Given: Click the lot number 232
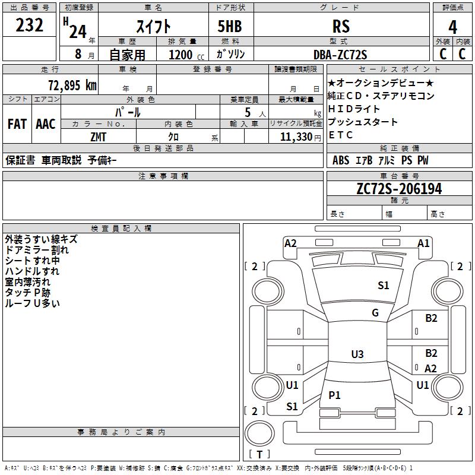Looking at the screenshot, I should [x=30, y=26].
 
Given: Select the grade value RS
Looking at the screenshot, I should [x=341, y=26].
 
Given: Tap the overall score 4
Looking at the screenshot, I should [x=453, y=26].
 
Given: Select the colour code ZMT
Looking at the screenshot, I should [x=99, y=137].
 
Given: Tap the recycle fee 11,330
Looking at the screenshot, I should [x=295, y=137].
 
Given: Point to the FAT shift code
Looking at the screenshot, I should [x=17, y=124].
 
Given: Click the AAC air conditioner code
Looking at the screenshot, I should [x=46, y=124].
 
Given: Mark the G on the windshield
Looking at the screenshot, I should [x=375, y=313].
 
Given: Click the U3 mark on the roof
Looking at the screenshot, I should [x=357, y=354].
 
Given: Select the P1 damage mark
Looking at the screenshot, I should [x=335, y=395].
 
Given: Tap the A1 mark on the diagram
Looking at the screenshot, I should [x=423, y=243].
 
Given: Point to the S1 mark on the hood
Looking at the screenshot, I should [x=384, y=286].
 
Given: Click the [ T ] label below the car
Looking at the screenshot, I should [x=259, y=454].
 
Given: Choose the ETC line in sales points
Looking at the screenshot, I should [x=341, y=135].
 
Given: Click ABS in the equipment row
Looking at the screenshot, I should [x=341, y=160].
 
